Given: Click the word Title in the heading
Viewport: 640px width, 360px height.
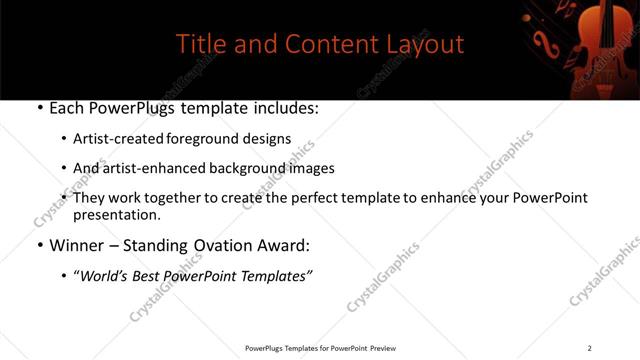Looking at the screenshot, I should [200, 45].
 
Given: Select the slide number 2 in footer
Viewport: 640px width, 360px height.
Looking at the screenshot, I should [589, 348].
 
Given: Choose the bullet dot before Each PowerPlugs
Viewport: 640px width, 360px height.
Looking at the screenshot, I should [38, 107].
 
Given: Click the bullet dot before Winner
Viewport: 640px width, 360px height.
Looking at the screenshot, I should [38, 245].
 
